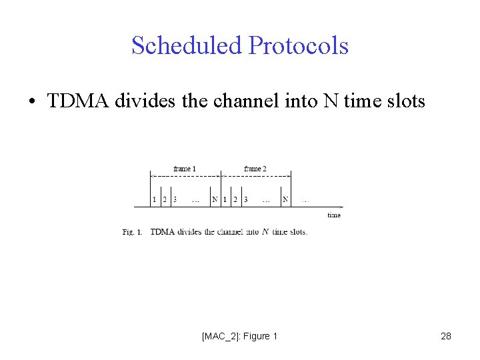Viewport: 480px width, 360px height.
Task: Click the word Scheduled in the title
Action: point(186,46)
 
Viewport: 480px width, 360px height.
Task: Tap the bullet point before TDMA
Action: point(31,102)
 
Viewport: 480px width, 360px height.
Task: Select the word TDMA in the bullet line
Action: point(78,101)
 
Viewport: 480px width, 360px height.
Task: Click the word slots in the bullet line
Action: point(403,101)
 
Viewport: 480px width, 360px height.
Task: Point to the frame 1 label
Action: point(185,169)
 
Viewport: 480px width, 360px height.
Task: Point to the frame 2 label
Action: point(255,169)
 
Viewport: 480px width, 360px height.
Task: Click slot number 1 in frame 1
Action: point(154,199)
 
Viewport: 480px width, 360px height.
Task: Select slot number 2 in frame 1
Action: point(165,199)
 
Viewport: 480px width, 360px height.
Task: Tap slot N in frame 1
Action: point(214,199)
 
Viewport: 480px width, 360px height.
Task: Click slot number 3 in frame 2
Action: point(246,199)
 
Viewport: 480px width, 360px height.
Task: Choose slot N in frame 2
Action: point(285,199)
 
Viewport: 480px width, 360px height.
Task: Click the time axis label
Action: point(334,215)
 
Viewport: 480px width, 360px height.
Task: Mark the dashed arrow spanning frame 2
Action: point(257,176)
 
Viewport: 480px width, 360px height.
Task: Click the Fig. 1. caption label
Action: point(133,232)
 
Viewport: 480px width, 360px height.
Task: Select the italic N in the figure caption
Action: point(265,232)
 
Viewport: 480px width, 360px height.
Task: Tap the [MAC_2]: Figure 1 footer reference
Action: point(239,336)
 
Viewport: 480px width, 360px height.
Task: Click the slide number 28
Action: point(446,336)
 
